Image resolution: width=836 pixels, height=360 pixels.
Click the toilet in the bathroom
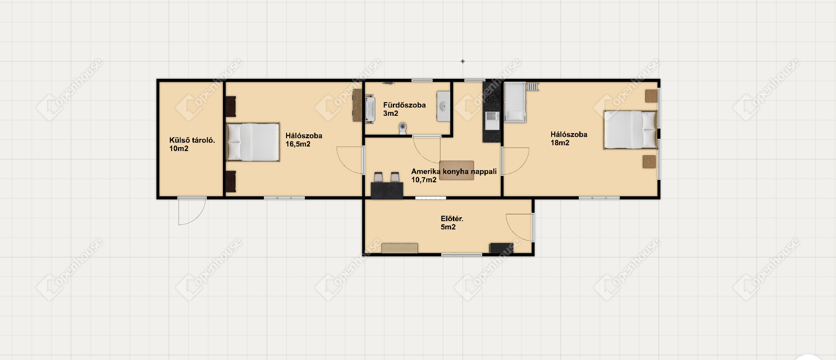(x=403, y=128)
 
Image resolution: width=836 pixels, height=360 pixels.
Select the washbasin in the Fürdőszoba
(x=443, y=107)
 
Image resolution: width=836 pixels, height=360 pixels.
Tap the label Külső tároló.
(x=192, y=140)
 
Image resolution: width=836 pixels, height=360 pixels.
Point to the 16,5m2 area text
(x=298, y=144)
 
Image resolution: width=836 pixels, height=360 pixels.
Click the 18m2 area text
(x=560, y=143)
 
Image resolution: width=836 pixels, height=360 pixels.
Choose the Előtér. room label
(x=452, y=219)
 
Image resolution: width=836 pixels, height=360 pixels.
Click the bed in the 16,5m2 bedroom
(x=253, y=142)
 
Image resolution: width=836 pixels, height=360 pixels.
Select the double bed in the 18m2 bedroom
(x=630, y=130)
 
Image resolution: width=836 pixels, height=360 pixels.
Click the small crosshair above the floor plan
(x=462, y=61)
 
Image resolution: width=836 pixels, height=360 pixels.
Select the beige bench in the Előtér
(x=399, y=248)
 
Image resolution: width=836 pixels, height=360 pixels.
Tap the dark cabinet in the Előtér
(x=502, y=248)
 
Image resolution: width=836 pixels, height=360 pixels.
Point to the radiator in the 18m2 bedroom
(x=532, y=87)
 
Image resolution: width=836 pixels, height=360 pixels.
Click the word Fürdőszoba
(x=405, y=105)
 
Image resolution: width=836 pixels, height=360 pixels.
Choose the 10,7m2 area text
(x=424, y=180)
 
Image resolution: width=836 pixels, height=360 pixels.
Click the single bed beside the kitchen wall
(x=515, y=103)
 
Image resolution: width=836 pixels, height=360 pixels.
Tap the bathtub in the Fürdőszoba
(x=370, y=109)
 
